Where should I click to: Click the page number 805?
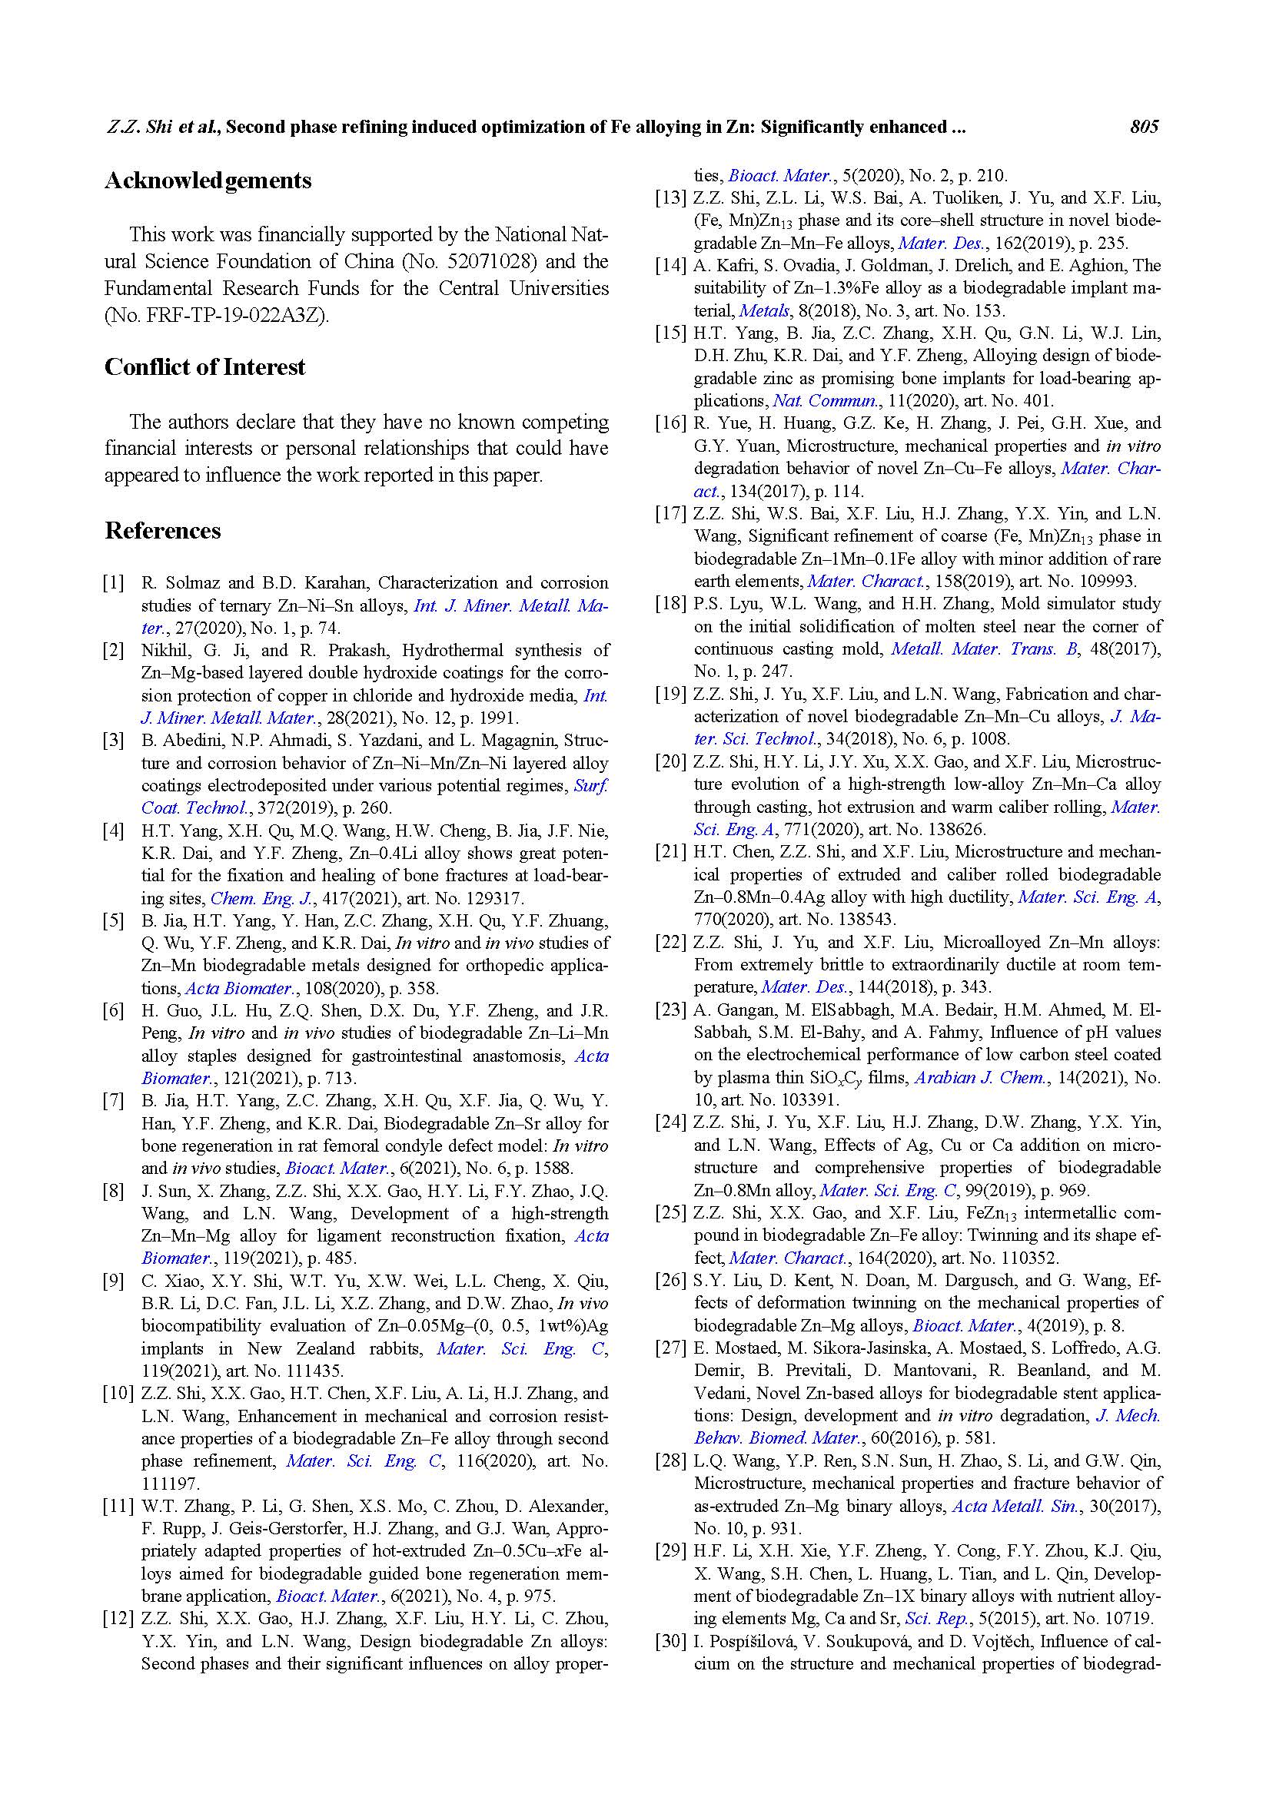1143,127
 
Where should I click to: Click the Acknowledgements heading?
208,181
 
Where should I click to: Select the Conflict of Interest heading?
205,367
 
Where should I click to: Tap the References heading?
163,531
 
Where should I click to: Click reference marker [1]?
114,583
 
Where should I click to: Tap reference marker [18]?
670,604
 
